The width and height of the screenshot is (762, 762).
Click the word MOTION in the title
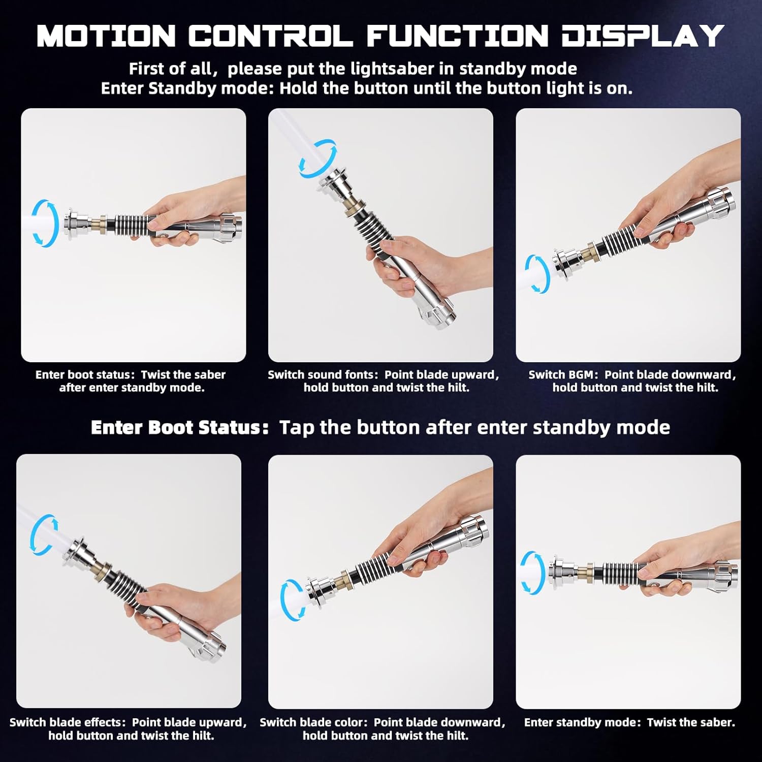(106, 36)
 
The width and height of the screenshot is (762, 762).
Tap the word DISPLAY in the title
(643, 36)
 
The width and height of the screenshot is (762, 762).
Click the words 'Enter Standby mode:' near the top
(187, 88)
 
